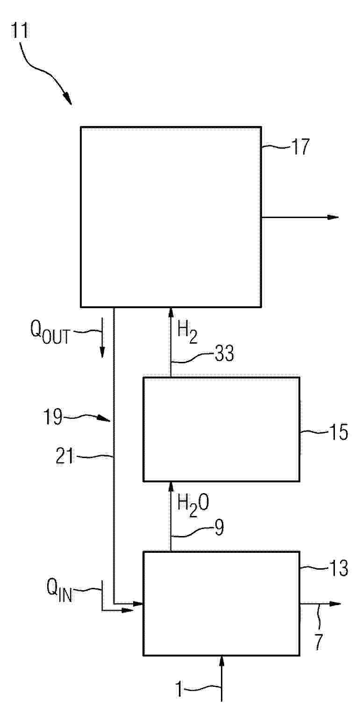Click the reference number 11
pos(20,30)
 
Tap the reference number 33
pos(225,353)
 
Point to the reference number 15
pos(339,432)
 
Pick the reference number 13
pos(339,568)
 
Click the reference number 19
pos(53,417)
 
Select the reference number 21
pos(64,456)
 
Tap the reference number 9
pos(219,527)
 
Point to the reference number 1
pos(179,689)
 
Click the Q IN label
pos(59,591)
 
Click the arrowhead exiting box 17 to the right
pos(333,217)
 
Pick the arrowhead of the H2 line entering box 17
pos(170,313)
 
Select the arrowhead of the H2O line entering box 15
pos(170,487)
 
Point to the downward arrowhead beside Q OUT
pos(102,352)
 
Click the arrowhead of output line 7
pos(335,604)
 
